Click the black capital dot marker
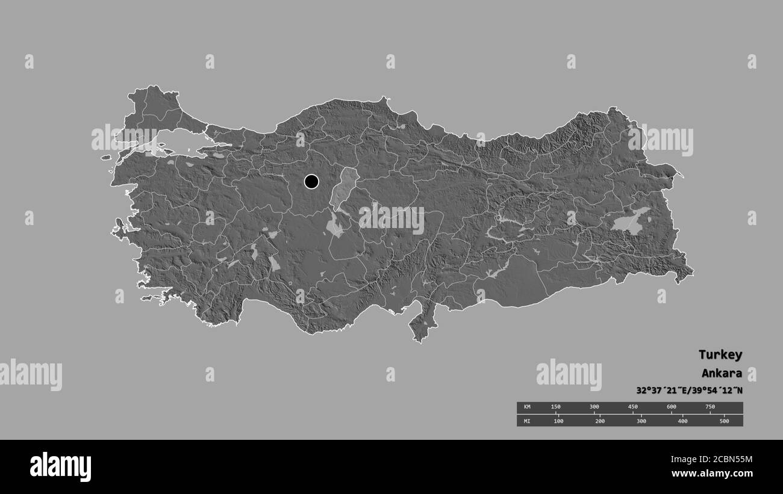click(x=311, y=181)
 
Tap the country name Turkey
click(x=720, y=354)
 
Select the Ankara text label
click(x=721, y=373)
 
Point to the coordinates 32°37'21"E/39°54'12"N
click(x=689, y=390)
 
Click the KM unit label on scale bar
click(x=527, y=407)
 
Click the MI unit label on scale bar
click(x=527, y=421)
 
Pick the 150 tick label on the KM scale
click(x=555, y=407)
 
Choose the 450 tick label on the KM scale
click(x=632, y=407)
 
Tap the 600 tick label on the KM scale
click(x=671, y=407)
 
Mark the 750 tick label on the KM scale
click(x=710, y=407)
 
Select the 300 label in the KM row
click(x=594, y=407)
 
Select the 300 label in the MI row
click(x=641, y=421)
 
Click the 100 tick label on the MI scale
click(x=558, y=421)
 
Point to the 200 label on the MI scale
click(x=600, y=421)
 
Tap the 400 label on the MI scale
click(x=682, y=421)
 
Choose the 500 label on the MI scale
click(x=724, y=421)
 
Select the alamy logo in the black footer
click(x=60, y=466)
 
